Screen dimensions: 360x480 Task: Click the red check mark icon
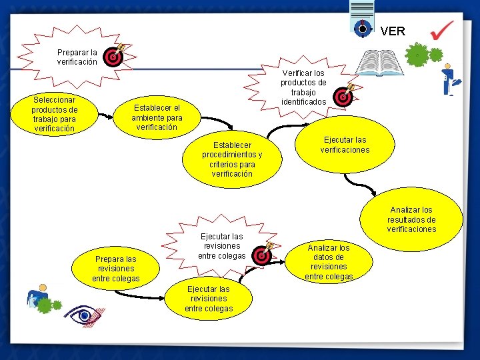[x=441, y=30]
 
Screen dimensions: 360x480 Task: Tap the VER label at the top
[x=393, y=31]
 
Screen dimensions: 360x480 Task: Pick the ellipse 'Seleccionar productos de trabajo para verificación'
[x=55, y=114]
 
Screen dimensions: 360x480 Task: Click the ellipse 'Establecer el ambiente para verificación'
[x=157, y=117]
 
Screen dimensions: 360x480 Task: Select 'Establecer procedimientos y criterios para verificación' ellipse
[x=232, y=159]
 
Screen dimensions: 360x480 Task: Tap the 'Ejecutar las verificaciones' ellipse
[x=345, y=145]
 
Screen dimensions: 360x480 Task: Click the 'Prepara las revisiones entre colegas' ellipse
[x=116, y=269]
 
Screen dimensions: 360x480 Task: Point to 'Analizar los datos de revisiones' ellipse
[x=329, y=262]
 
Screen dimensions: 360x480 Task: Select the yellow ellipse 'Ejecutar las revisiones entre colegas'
[x=209, y=299]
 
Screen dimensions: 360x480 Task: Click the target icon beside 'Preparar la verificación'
[x=115, y=57]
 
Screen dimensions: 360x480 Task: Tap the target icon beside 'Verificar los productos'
[x=343, y=96]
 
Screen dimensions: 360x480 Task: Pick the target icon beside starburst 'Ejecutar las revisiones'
[x=263, y=256]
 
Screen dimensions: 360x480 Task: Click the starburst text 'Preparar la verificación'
[x=77, y=57]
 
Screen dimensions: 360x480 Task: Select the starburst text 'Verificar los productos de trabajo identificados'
[x=303, y=87]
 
